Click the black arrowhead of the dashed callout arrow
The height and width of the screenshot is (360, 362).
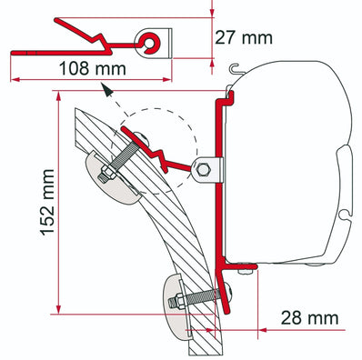click(x=107, y=91)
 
